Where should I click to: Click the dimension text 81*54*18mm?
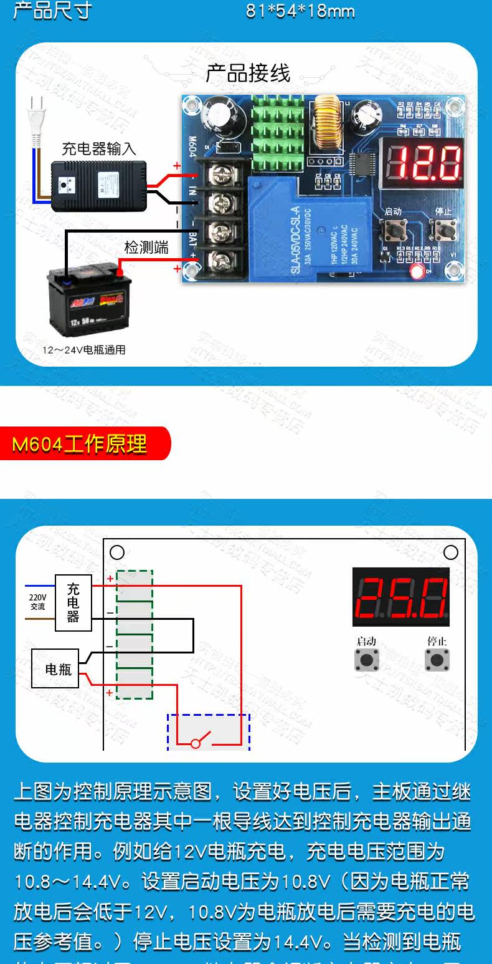(300, 11)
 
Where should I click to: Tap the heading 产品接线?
(248, 74)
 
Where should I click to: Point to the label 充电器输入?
(98, 149)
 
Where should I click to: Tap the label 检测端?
(146, 248)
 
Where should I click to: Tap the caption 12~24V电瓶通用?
(84, 350)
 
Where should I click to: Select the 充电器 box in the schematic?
(73, 602)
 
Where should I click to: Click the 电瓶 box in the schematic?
(59, 669)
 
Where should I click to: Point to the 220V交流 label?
(37, 602)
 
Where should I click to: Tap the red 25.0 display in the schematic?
(401, 597)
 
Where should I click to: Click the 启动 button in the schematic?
(367, 659)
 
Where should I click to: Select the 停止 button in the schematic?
(437, 659)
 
